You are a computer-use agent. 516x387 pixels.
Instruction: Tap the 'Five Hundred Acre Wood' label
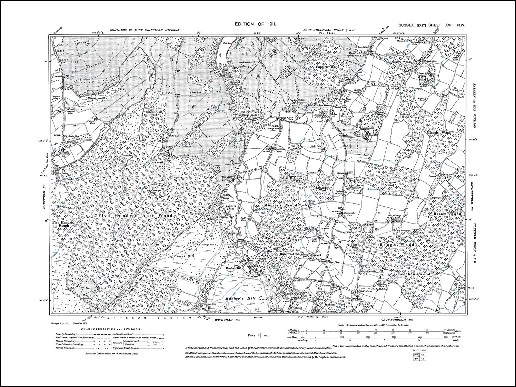[135, 215]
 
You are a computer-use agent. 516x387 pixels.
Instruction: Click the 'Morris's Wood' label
[281, 205]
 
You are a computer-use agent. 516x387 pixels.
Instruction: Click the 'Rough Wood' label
[397, 245]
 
